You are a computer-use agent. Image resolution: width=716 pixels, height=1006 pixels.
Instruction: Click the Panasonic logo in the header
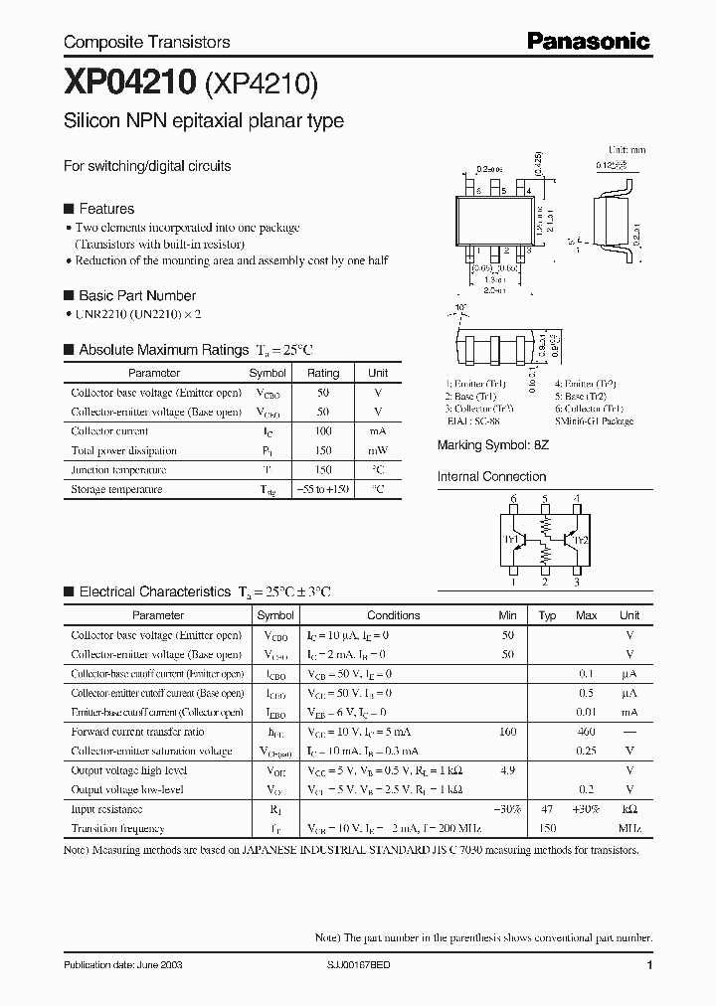588,41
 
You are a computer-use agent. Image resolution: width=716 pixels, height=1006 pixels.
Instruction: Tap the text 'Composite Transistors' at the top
146,42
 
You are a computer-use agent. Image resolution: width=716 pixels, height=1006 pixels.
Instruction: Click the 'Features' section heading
105,209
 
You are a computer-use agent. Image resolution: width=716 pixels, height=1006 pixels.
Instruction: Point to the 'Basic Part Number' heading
136,295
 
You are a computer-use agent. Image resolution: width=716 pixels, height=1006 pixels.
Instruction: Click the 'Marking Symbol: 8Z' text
493,446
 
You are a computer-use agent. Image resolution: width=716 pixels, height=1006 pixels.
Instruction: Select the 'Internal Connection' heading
491,476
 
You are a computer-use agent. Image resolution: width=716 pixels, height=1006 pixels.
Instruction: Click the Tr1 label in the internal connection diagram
511,540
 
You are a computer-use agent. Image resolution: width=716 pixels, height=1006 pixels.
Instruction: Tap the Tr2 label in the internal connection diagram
582,540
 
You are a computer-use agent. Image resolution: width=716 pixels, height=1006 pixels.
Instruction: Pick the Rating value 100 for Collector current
322,431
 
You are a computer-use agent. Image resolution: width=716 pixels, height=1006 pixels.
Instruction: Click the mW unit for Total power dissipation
378,450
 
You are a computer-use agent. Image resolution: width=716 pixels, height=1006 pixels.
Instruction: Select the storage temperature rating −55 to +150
323,489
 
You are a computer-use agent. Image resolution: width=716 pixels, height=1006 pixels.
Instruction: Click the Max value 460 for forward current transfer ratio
586,732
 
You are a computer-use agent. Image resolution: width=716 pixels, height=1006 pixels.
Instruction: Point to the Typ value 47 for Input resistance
546,809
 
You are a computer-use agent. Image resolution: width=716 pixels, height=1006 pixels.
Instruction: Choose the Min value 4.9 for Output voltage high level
508,770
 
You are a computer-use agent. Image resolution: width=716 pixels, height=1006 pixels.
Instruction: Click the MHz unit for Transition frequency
628,828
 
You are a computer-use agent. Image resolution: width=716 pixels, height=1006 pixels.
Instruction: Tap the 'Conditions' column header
393,615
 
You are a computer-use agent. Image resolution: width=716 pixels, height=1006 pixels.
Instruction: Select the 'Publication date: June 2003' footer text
123,966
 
